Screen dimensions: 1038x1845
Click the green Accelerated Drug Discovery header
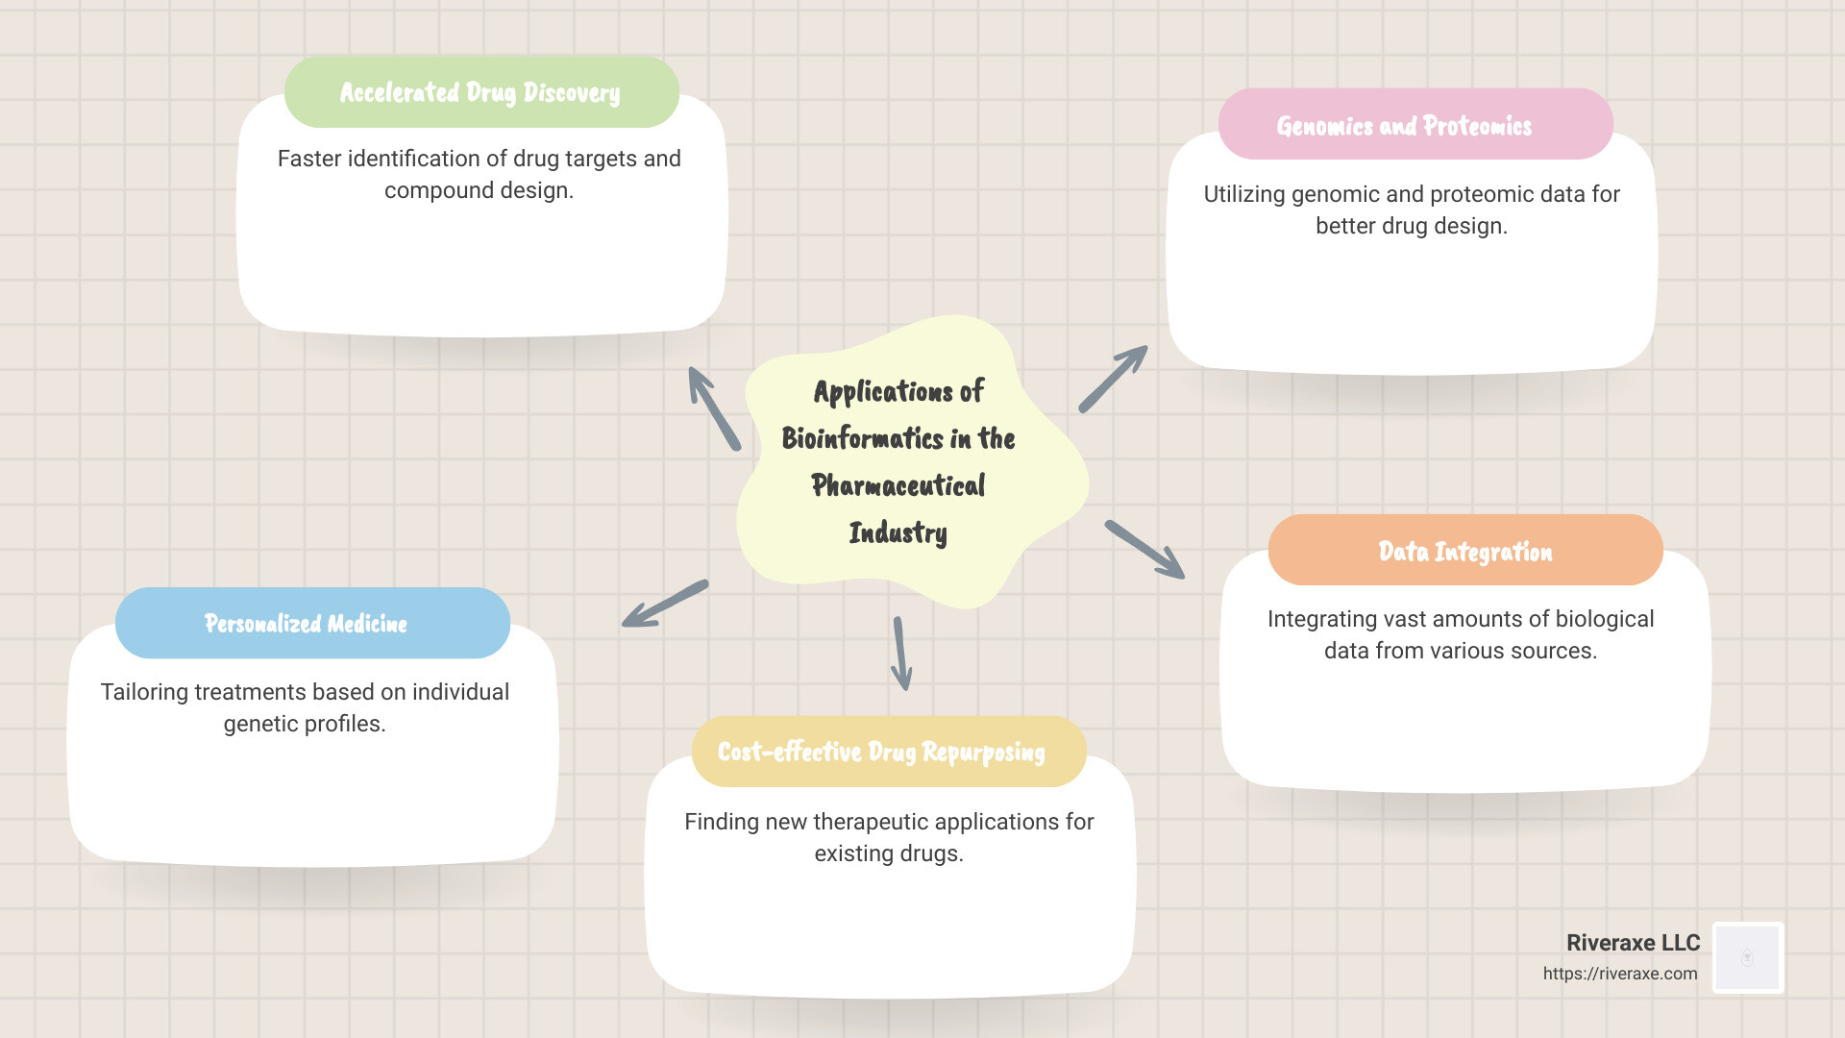point(480,92)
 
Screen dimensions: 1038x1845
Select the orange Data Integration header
point(1464,551)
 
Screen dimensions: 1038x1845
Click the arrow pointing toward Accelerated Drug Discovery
point(714,408)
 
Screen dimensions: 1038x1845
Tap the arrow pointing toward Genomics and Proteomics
point(1113,379)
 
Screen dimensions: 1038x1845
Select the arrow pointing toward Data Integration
point(1144,550)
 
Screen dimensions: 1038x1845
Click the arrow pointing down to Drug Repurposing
point(900,654)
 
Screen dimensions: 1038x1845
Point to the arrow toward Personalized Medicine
point(665,604)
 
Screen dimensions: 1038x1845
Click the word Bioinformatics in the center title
point(862,438)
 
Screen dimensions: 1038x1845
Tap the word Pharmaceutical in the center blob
point(898,485)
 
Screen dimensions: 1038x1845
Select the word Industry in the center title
point(898,532)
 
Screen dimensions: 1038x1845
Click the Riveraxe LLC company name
point(1633,943)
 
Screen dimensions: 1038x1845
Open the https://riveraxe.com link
point(1620,974)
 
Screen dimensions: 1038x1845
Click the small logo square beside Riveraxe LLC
point(1748,957)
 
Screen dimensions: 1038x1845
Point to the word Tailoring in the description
point(144,692)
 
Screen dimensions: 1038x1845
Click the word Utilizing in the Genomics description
point(1243,194)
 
